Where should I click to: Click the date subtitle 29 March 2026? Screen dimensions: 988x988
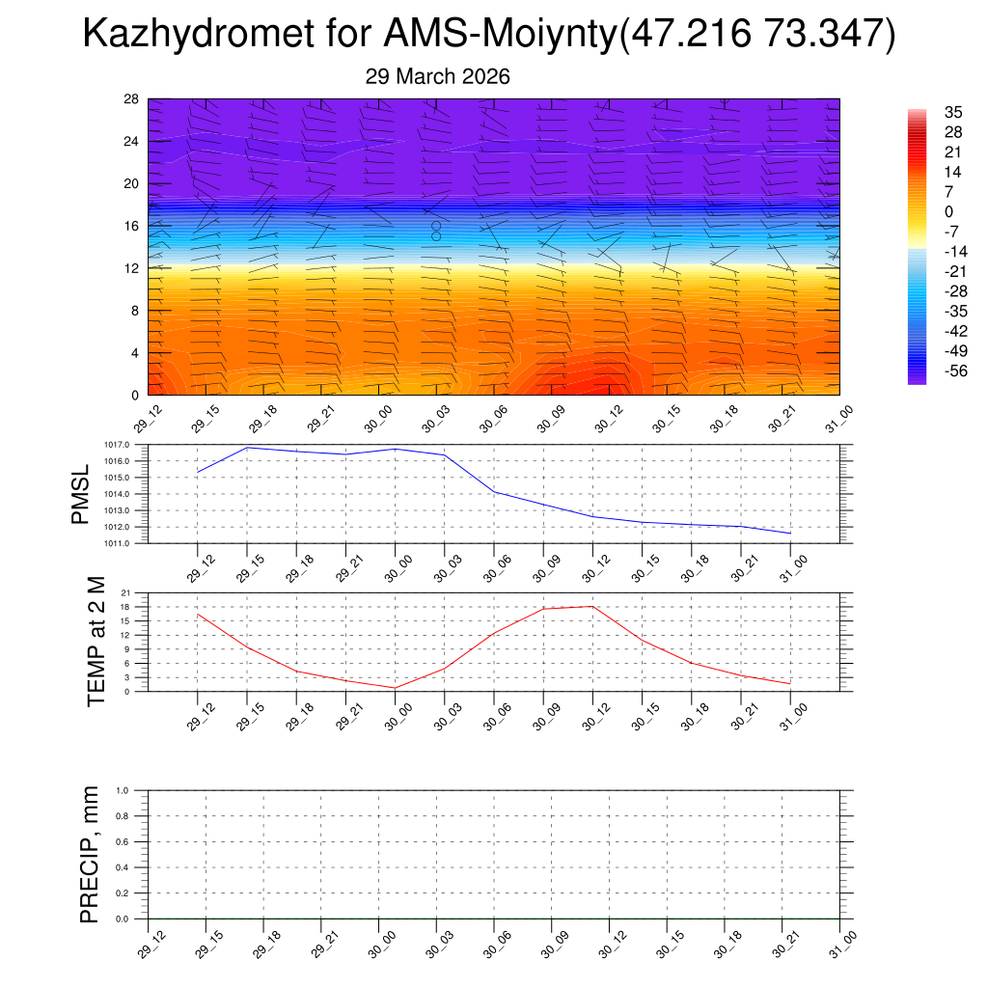click(x=437, y=76)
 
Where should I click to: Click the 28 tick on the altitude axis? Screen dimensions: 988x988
click(x=132, y=98)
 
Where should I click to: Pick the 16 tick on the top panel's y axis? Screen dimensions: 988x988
click(x=132, y=226)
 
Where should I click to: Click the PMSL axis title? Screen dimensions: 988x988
click(x=81, y=494)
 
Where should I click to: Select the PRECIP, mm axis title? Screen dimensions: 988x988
click(x=90, y=854)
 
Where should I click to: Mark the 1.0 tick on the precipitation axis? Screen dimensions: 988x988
click(x=123, y=790)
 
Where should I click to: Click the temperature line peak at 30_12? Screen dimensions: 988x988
click(x=592, y=606)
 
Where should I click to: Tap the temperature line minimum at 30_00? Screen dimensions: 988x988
click(x=395, y=688)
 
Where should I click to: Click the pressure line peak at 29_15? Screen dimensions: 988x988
click(x=247, y=448)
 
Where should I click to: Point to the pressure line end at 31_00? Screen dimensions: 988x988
click(x=790, y=534)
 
